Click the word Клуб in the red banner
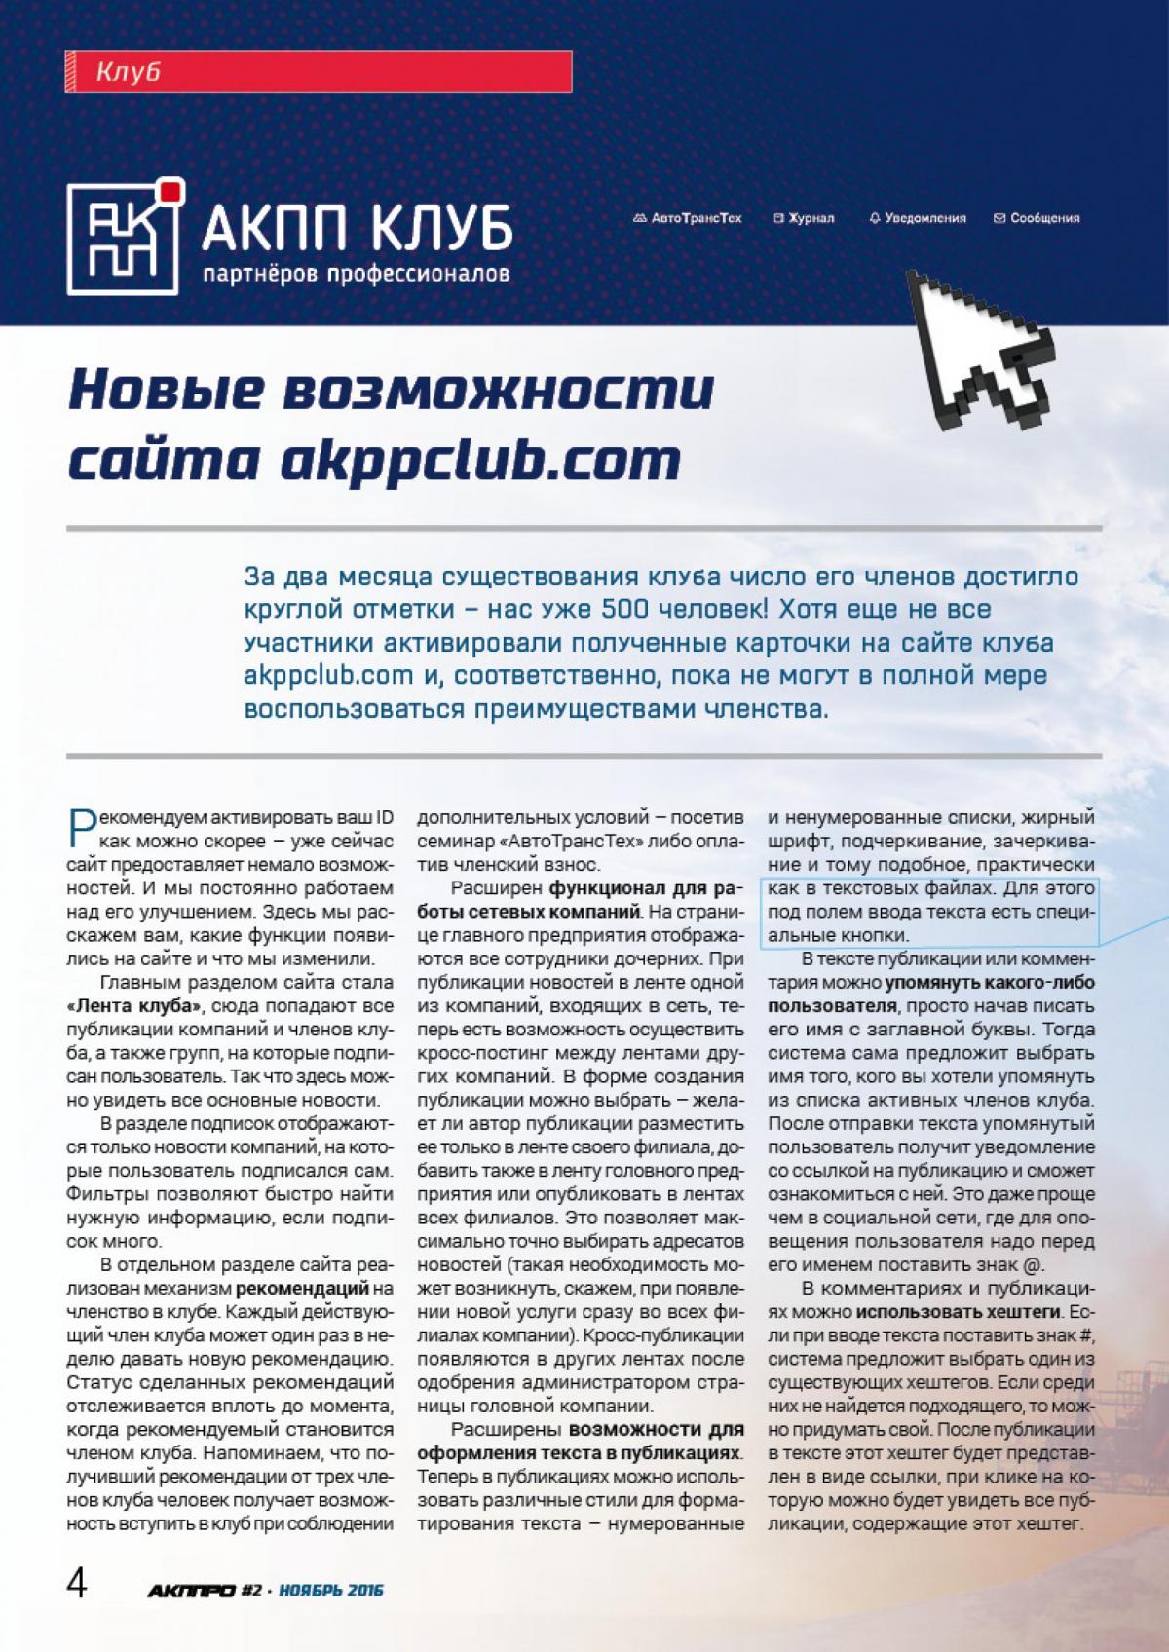(x=129, y=72)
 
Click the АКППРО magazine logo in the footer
(x=192, y=1591)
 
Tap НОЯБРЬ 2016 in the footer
(x=330, y=1591)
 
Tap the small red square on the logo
(x=170, y=191)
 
